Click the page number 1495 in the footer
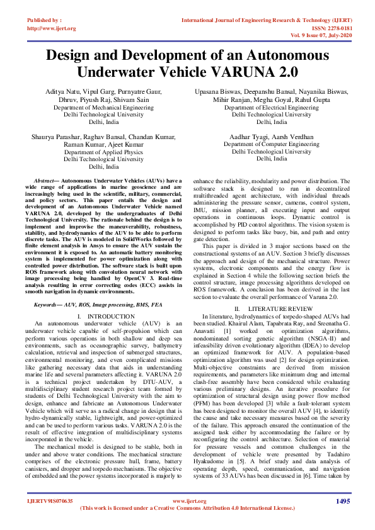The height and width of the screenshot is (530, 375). tap(342, 501)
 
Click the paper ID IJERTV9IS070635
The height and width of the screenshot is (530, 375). tap(50, 501)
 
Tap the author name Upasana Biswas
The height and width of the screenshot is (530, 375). tap(217, 93)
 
